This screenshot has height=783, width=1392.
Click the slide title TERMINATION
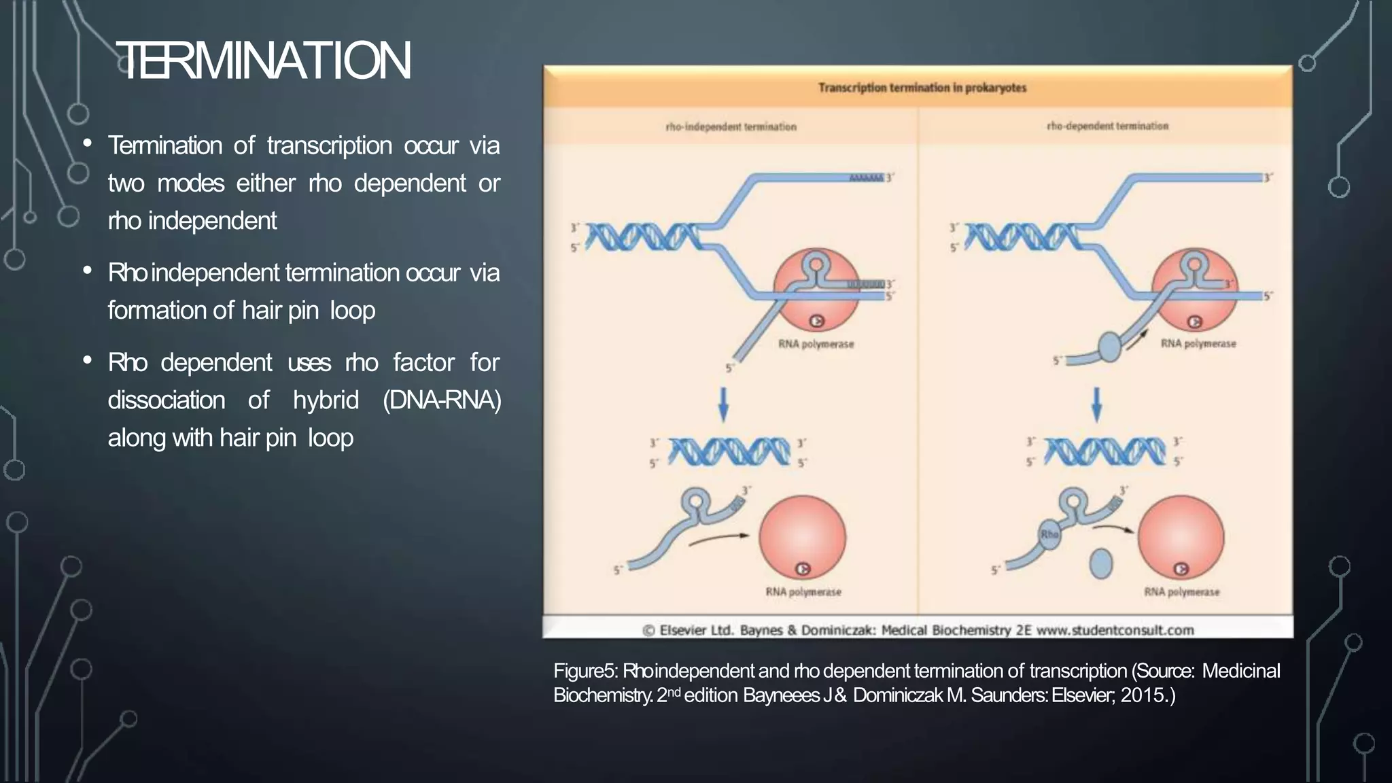pyautogui.click(x=263, y=61)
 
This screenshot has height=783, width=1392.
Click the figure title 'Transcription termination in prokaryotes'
pyautogui.click(x=922, y=88)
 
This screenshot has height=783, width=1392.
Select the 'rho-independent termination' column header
pyautogui.click(x=731, y=127)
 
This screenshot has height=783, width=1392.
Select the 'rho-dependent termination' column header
pyautogui.click(x=1107, y=126)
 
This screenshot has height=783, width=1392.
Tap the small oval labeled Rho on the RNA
pyautogui.click(x=1049, y=534)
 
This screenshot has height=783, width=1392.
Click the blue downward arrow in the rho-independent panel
pyautogui.click(x=723, y=404)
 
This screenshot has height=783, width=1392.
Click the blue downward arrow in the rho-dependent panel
pyautogui.click(x=1096, y=404)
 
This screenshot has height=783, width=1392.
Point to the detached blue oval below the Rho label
pyautogui.click(x=1100, y=563)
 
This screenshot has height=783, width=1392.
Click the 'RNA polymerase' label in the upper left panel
pyautogui.click(x=816, y=344)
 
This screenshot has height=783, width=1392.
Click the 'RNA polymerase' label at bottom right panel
pyautogui.click(x=1181, y=592)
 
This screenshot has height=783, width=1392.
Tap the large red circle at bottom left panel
pyautogui.click(x=802, y=537)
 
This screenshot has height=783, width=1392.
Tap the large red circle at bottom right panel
pyautogui.click(x=1181, y=537)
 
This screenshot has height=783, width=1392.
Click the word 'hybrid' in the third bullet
pyautogui.click(x=326, y=400)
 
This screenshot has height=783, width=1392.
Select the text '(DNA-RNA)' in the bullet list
pyautogui.click(x=442, y=400)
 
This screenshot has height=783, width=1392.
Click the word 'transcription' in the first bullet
pyautogui.click(x=329, y=145)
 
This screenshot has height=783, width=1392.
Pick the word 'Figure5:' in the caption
pyautogui.click(x=585, y=671)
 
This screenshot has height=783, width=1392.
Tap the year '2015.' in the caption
pyautogui.click(x=1147, y=695)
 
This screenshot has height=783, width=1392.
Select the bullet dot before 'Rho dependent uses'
pyautogui.click(x=87, y=360)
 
